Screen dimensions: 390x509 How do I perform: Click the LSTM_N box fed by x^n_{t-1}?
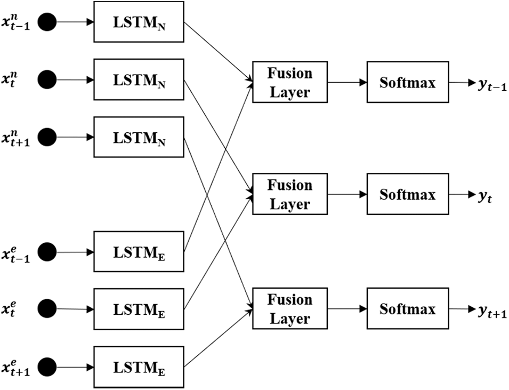click(x=139, y=22)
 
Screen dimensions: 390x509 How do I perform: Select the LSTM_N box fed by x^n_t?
click(x=139, y=79)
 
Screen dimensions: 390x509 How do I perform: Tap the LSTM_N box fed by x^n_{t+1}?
click(x=139, y=137)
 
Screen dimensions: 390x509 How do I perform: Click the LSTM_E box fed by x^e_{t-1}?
click(x=139, y=251)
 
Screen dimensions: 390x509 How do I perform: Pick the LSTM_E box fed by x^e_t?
click(x=139, y=309)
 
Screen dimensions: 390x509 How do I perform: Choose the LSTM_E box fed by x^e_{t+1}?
click(x=139, y=367)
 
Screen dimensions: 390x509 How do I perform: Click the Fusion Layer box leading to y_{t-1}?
click(x=289, y=82)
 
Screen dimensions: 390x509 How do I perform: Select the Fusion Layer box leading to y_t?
click(x=289, y=195)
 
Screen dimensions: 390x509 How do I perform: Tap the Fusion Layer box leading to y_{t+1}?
click(x=289, y=309)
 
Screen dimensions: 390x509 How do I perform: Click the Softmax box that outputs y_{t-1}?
click(x=407, y=82)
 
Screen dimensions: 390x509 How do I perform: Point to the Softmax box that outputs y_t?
click(x=407, y=194)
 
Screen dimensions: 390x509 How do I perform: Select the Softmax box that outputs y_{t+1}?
click(x=407, y=309)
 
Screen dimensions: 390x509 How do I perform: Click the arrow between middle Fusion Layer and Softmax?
click(x=346, y=195)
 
